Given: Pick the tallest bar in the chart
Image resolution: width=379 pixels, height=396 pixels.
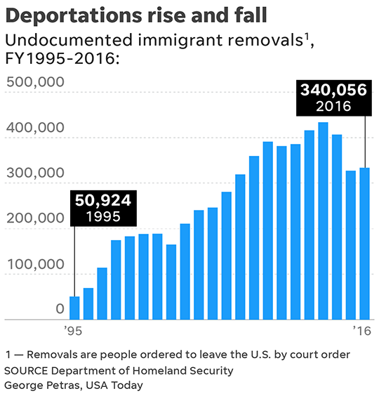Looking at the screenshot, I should coord(323,221).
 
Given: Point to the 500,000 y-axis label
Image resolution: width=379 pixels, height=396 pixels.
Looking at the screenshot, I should coord(35,82).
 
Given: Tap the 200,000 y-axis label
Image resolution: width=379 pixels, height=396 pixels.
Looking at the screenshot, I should coord(35,218).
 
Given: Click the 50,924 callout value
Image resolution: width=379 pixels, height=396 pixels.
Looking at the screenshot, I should coord(102,201).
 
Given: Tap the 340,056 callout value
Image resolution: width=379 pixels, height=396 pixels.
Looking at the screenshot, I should coord(333,90).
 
